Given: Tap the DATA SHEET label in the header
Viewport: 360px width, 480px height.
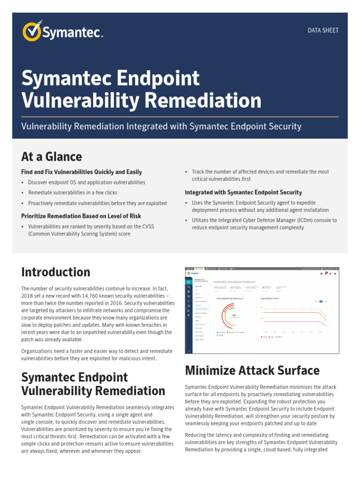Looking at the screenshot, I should pos(323,30).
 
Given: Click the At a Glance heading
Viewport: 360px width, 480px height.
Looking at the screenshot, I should pos(52,157).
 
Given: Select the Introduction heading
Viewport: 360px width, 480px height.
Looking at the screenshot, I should pos(56,272).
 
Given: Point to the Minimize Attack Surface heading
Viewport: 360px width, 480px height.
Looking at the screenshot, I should pos(252,370).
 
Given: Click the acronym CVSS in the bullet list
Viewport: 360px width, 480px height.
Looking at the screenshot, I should pos(146,226).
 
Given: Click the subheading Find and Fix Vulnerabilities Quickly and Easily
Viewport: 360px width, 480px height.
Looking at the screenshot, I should pos(82,172).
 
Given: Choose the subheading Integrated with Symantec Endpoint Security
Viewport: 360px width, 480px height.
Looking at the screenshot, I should pos(243,192).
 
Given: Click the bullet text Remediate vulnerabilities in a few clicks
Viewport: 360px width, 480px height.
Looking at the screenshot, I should pos(73,193).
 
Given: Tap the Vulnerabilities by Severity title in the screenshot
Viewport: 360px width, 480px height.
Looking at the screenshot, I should pos(229,298).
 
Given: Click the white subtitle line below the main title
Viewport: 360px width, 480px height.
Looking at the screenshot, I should pos(161,127).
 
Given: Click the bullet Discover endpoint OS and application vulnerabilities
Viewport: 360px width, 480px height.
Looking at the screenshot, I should pos(87,182).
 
